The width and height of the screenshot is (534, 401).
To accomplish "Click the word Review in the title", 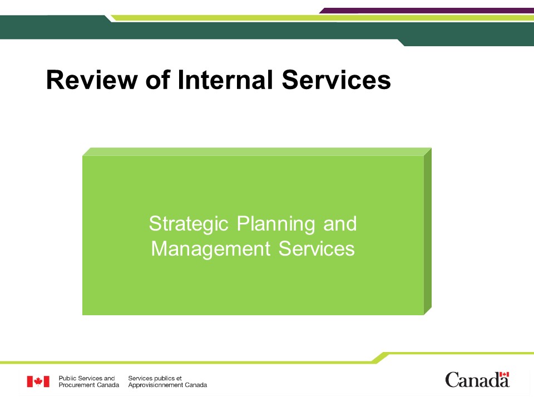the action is pos(92,80).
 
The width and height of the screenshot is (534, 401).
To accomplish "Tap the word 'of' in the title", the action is pos(157,80).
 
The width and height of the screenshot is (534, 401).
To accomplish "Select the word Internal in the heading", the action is pos(225,80).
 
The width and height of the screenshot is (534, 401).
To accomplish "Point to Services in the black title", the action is pos(336,80).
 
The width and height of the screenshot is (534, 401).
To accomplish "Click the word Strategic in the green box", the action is pos(189,224).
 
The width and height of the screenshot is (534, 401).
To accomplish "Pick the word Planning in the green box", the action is pos(276,224).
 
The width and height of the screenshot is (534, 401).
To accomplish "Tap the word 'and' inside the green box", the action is pos(340,224).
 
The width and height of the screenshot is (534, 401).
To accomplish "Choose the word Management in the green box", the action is pos(210,250).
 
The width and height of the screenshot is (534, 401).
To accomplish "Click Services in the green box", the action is pos(317,248).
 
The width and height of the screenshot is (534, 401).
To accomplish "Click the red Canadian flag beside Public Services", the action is pos(38,382).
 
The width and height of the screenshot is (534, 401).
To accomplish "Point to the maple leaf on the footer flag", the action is pos(38,382).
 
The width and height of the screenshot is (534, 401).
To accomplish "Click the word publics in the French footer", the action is pos(162,379).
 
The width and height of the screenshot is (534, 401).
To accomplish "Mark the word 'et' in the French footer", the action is pos(179,378).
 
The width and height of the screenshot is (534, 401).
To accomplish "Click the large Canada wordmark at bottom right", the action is pos(477,380).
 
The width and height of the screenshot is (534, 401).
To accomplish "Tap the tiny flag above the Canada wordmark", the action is pos(504,374).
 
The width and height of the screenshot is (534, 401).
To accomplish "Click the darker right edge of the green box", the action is pos(428,232).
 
